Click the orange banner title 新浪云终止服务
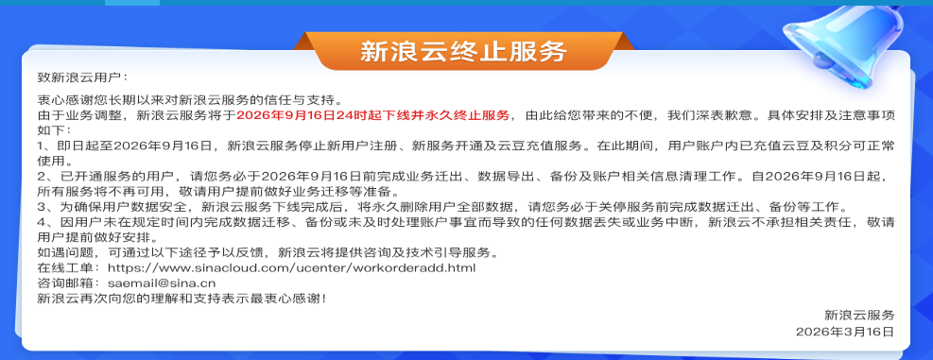tap(463, 52)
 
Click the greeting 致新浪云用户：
tap(82, 77)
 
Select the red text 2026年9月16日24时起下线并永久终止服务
tap(373, 115)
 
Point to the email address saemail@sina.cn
tap(162, 283)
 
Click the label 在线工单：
tap(69, 267)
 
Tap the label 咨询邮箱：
tap(69, 283)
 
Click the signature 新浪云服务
tap(859, 316)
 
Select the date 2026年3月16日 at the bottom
tap(845, 332)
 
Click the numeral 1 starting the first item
tap(40, 146)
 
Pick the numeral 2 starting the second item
tap(41, 177)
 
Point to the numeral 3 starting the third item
tap(41, 208)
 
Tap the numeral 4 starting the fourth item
tap(41, 223)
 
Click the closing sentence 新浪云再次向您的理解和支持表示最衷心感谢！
tap(182, 299)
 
